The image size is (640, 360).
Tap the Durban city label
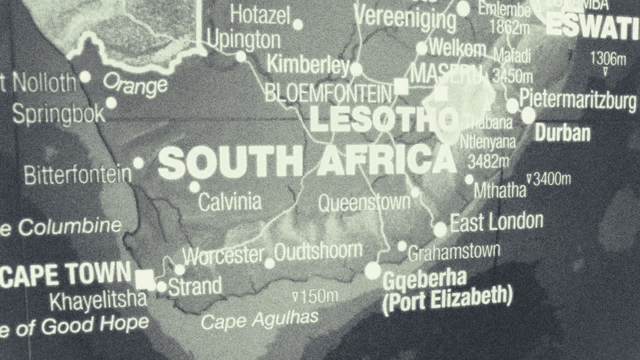click(x=562, y=133)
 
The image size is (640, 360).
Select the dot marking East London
click(x=440, y=229)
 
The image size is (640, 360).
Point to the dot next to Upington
click(x=241, y=56)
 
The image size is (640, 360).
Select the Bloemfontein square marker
click(x=400, y=86)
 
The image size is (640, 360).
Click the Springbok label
click(x=58, y=114)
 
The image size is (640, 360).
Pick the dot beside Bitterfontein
click(x=138, y=163)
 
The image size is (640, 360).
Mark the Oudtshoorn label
click(x=318, y=251)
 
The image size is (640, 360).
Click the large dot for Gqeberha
click(x=372, y=270)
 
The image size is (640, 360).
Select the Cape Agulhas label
click(x=259, y=319)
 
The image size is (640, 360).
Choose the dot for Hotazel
click(x=297, y=24)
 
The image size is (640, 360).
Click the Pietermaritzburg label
click(x=578, y=99)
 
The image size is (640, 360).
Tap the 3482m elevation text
click(x=488, y=161)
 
